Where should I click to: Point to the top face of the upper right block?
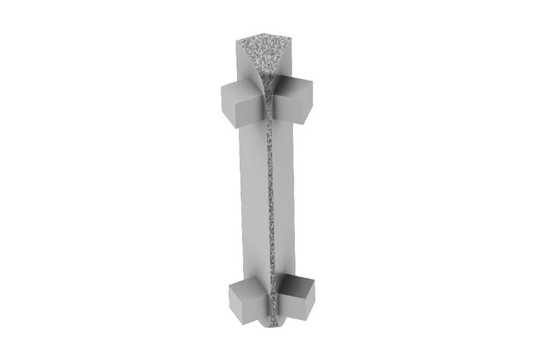296,85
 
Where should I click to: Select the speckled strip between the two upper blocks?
269,101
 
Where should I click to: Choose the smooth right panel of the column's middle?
283,196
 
